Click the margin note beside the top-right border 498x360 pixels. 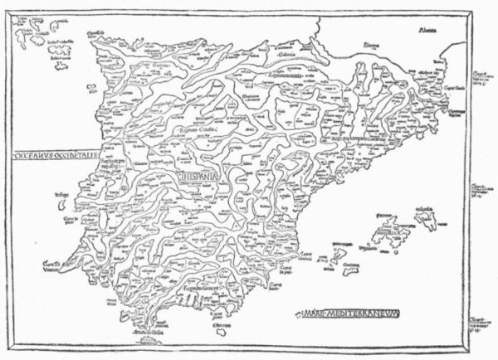(x=480, y=80)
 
